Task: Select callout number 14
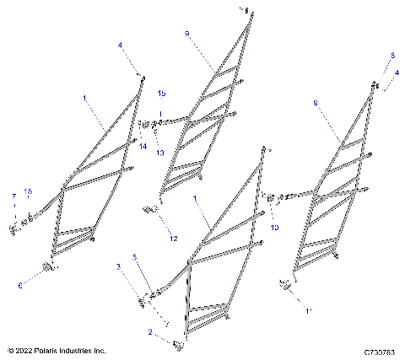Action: point(143,146)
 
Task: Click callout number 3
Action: point(118,266)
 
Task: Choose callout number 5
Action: point(133,256)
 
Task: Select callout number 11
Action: point(308,311)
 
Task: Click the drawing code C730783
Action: point(381,351)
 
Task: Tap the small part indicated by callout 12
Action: point(148,211)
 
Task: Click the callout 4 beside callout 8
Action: point(397,73)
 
